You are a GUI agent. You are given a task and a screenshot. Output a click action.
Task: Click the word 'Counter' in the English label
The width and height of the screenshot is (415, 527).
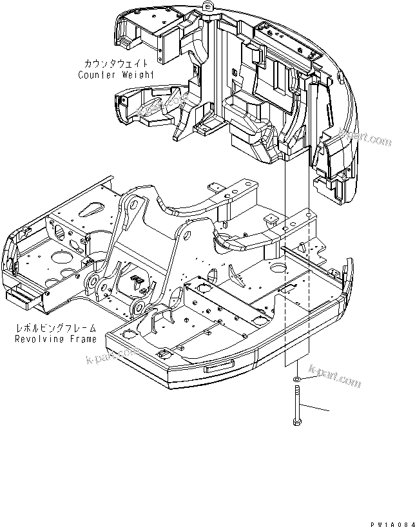[95, 74]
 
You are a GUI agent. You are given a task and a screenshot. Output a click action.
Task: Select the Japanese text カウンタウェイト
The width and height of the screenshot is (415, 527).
[117, 64]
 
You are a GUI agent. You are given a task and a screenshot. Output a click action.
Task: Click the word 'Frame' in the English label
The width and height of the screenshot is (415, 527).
[82, 338]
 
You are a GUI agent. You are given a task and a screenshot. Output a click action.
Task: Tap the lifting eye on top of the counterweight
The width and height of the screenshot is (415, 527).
[207, 6]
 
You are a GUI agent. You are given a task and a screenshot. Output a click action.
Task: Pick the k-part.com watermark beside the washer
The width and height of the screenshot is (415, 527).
[334, 376]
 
